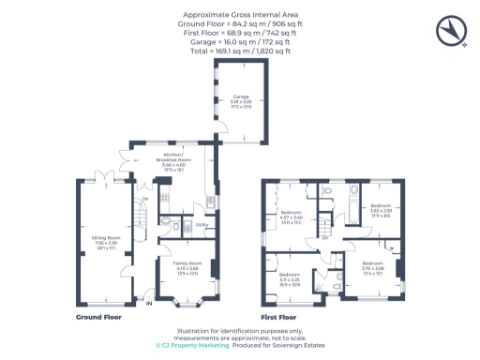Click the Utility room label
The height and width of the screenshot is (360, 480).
pos(200,225)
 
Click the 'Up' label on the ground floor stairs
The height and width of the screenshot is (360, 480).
pos(144,200)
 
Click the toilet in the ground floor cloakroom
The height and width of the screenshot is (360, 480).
pos(165,223)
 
